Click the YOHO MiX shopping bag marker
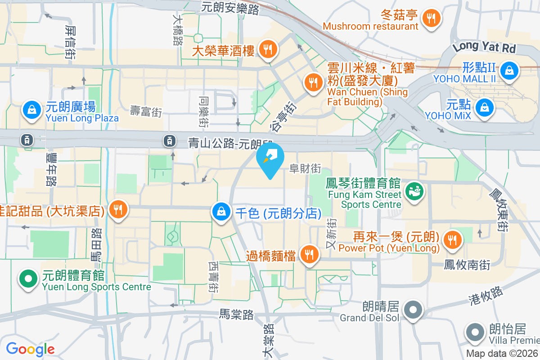tap(484, 108)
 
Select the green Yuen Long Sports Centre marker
tap(28, 279)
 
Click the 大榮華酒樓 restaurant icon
tap(268, 49)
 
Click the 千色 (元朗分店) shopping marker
tap(221, 212)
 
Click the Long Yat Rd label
tap(484, 47)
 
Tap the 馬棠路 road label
tap(237, 314)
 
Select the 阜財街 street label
tap(305, 169)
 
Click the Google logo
tap(30, 349)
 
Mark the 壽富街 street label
tap(146, 111)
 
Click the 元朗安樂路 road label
tap(230, 7)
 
